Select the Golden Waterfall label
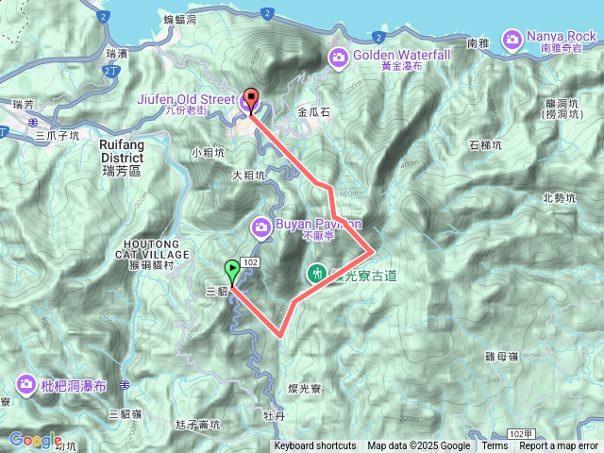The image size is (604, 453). [x=403, y=56]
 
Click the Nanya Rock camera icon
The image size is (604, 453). [x=512, y=39]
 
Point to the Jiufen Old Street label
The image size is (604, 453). [x=186, y=96]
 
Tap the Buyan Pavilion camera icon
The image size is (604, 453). [x=260, y=227]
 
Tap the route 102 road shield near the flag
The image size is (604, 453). [x=250, y=261]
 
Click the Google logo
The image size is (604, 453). [x=35, y=440]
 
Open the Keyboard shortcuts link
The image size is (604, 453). [x=315, y=446]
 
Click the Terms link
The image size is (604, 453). [x=495, y=446]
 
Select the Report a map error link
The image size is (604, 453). [x=558, y=446]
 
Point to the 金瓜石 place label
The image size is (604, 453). [x=315, y=110]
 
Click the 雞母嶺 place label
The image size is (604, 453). [x=528, y=356]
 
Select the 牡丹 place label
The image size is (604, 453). [x=275, y=415]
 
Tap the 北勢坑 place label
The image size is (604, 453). [x=559, y=198]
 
